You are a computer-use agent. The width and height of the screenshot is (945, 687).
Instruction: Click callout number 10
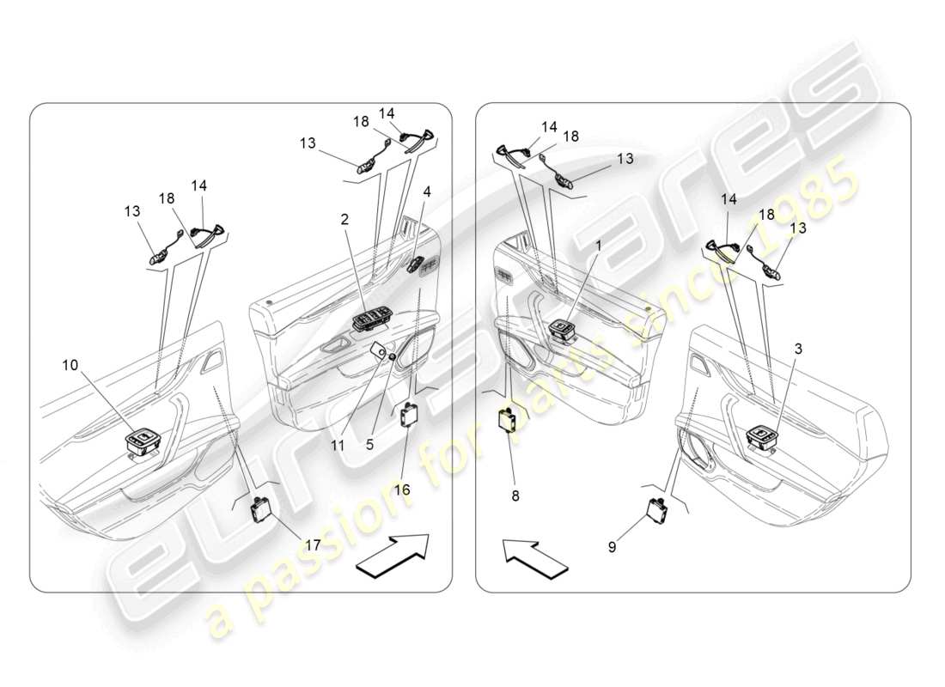tap(69, 365)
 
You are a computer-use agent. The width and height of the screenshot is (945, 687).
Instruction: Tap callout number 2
tap(344, 220)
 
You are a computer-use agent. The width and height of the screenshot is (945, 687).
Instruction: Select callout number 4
tap(427, 192)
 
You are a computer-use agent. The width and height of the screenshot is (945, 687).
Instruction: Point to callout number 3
tap(798, 349)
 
